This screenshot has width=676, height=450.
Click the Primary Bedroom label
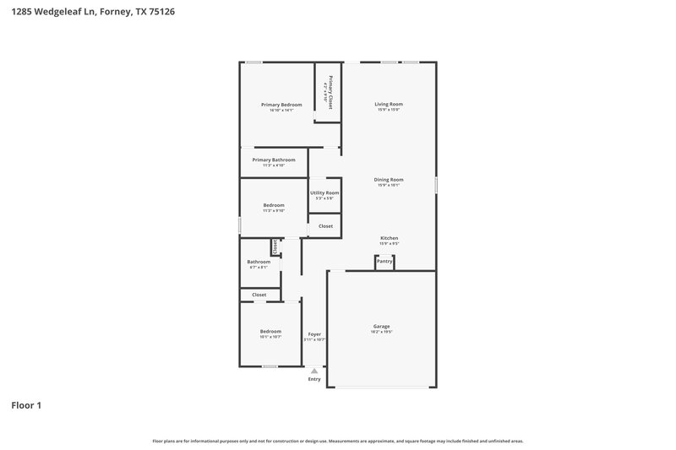point(281,105)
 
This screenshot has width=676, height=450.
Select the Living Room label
point(389,105)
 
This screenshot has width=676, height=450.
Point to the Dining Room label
point(389,180)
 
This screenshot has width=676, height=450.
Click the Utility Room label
point(324,193)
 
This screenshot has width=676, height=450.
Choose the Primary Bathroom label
point(274,160)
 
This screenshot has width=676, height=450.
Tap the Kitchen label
point(389,239)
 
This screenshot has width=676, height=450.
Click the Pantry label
point(384,262)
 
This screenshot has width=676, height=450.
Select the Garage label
point(381,327)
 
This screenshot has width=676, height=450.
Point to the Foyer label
point(314,334)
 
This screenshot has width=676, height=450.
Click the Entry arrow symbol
point(314,371)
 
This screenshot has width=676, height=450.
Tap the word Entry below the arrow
point(314,380)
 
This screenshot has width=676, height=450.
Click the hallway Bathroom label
point(259,262)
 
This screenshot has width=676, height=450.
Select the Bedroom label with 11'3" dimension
point(273,205)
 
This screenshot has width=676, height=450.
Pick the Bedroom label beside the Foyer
point(270,332)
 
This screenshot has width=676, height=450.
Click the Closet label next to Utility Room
point(325,226)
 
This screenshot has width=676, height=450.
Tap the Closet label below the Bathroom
point(259,295)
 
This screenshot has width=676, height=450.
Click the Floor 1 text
point(26,405)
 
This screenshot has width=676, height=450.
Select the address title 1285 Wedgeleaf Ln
point(93,13)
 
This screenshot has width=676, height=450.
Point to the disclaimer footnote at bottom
point(337,441)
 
